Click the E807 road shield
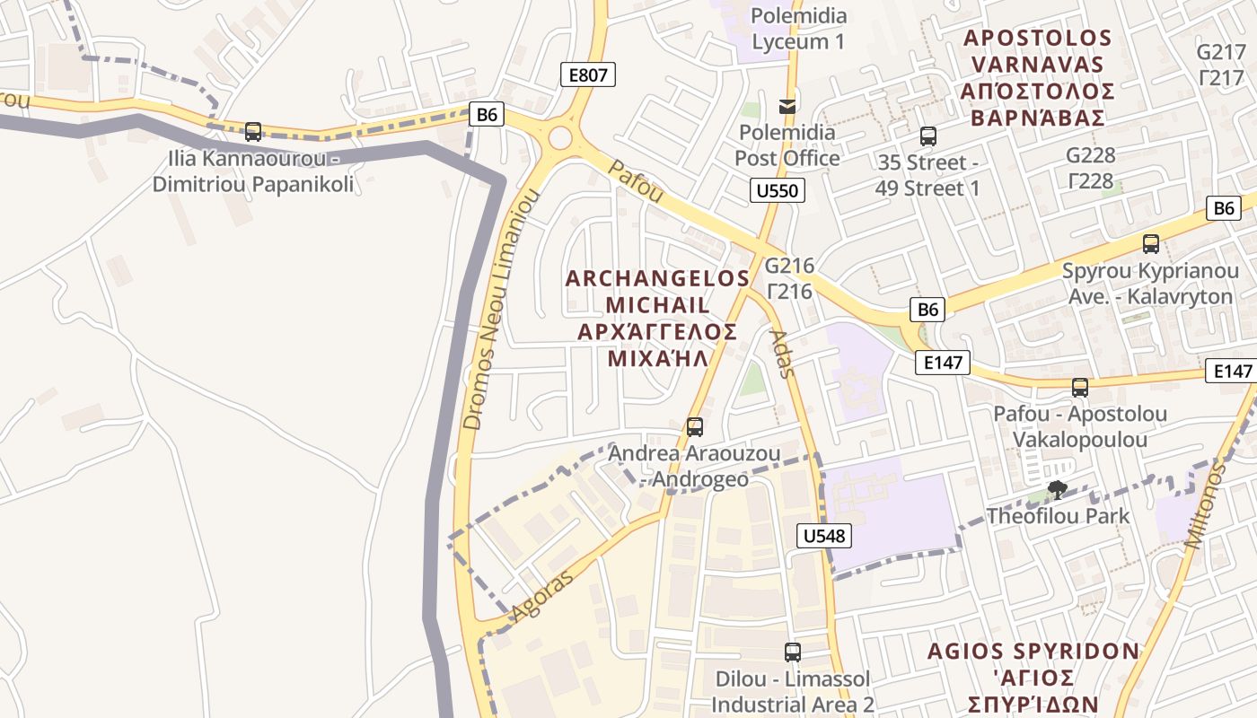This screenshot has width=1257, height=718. tap(588, 75)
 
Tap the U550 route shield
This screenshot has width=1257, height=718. tap(777, 189)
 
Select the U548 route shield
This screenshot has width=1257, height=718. tap(823, 537)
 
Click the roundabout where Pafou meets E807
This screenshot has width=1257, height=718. tap(560, 138)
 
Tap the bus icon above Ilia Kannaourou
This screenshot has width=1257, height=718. tap(253, 132)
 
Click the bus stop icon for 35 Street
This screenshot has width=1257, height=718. tap(928, 136)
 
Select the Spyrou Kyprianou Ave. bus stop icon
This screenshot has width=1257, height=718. tap(1150, 243)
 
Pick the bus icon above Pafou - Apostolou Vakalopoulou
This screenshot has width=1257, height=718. tap(1080, 388)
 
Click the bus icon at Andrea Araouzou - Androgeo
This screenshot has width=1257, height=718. tap(694, 427)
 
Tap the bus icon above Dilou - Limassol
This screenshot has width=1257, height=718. tap(792, 652)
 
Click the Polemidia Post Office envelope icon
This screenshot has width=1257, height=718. tap(787, 106)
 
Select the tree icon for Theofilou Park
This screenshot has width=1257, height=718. tap(1058, 489)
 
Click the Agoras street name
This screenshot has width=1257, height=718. tap(541, 598)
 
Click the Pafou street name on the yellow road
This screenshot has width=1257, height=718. tap(636, 181)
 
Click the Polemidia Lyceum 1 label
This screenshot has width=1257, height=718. tap(798, 29)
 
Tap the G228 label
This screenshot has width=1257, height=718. tap(1090, 155)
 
